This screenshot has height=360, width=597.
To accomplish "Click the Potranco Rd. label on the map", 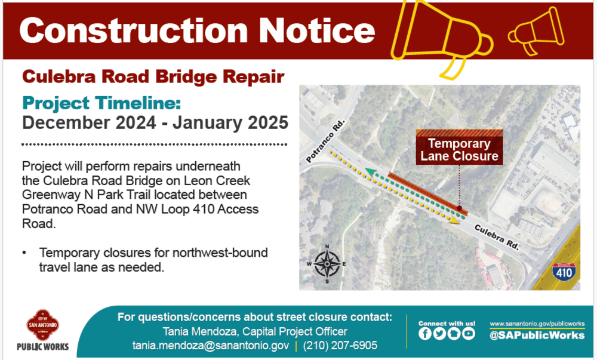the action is (325, 141).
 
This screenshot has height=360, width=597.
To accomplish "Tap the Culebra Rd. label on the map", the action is (497, 237).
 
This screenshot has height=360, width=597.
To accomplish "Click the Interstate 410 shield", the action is (564, 271).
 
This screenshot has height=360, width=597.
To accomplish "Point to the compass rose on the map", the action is (327, 264).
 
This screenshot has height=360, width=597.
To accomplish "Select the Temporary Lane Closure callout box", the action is (459, 147).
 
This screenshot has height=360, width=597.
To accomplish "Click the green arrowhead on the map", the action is (369, 172).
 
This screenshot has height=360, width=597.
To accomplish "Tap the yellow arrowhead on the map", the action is (454, 220).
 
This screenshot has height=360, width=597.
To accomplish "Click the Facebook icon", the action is (425, 334).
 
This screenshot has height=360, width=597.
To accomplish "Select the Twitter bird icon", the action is (439, 334).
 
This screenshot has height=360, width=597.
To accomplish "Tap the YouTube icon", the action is (469, 334).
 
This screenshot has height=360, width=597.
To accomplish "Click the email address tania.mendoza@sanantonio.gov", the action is (211, 346).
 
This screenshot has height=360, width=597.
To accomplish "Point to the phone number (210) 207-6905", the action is (340, 346).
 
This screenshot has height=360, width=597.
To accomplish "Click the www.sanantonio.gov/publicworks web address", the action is (537, 324).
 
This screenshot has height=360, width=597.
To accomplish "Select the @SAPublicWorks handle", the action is (537, 335).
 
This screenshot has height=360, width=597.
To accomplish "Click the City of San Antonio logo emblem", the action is (42, 325).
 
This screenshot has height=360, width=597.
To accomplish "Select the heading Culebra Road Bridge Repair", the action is (153, 77).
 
